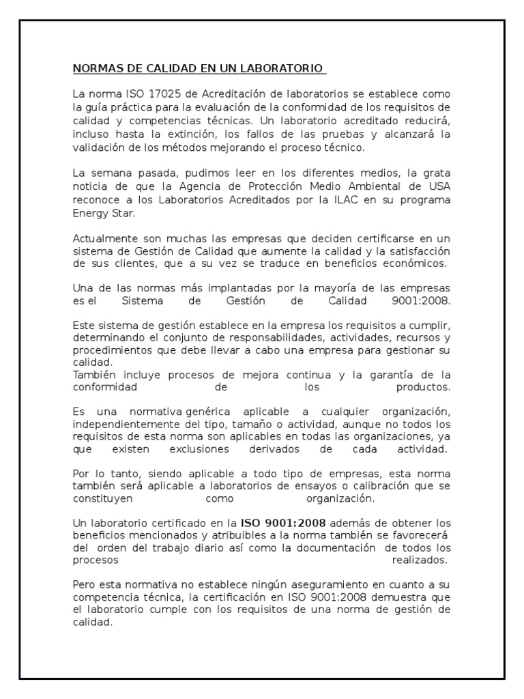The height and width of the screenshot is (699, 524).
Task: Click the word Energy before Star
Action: (x=89, y=213)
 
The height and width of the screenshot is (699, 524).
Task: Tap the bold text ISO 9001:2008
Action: (x=282, y=524)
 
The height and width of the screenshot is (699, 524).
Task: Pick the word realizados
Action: (x=420, y=560)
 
